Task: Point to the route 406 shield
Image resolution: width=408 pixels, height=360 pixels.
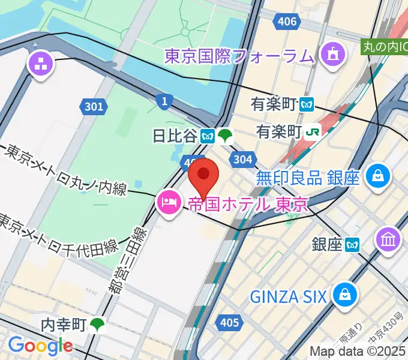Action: (x=286, y=22)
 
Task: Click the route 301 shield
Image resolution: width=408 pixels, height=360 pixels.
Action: (x=93, y=107)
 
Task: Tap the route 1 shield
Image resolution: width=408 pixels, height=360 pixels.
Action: (x=164, y=101)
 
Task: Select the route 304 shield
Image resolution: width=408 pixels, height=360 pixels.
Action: (x=242, y=159)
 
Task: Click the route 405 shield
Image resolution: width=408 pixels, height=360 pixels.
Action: (x=228, y=323)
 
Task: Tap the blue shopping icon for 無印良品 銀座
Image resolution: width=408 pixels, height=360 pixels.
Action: (x=379, y=176)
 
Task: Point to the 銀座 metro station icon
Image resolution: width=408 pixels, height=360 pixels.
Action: (x=352, y=244)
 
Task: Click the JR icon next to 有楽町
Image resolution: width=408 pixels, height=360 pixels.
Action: (x=312, y=131)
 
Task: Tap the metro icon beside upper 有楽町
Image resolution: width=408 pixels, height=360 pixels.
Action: (x=307, y=104)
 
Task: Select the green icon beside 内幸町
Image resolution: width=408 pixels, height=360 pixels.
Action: (x=98, y=325)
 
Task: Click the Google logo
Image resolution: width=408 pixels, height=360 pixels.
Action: (x=40, y=346)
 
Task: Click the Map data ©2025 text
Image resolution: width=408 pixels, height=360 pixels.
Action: (x=358, y=351)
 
